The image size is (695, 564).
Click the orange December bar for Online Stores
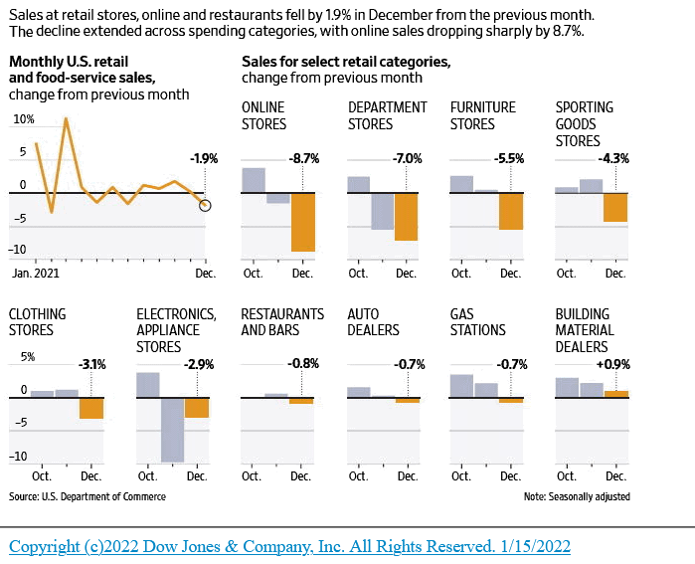(x=302, y=222)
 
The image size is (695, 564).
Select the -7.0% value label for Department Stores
(x=407, y=158)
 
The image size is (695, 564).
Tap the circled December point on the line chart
(x=205, y=205)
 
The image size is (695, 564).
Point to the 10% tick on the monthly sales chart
(x=22, y=119)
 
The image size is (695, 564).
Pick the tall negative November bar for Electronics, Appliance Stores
(x=172, y=430)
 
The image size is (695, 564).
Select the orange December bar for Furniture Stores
(x=511, y=211)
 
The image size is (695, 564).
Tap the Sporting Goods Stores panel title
(x=584, y=123)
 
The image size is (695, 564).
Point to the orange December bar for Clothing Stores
(x=91, y=408)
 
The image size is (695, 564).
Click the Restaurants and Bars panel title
(x=282, y=321)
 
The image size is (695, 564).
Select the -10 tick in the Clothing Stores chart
(x=20, y=458)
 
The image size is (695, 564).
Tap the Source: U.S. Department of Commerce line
(x=87, y=495)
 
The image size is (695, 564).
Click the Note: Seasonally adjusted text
(x=576, y=495)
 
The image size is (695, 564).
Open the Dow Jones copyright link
(x=289, y=546)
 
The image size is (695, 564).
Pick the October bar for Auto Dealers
(x=358, y=392)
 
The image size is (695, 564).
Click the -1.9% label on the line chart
(x=203, y=158)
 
